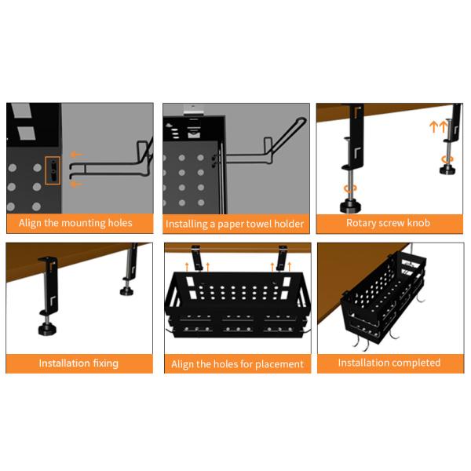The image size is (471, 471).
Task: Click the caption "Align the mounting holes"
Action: [75, 223]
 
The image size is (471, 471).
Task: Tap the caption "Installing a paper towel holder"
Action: [234, 224]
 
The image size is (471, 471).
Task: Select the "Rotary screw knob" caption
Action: [388, 223]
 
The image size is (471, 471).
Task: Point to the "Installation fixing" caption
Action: [78, 363]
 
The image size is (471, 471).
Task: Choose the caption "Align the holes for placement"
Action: [237, 364]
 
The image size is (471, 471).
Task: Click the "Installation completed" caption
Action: [389, 363]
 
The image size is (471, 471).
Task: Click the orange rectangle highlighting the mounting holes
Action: [52, 170]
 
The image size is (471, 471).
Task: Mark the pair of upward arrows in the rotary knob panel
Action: [437, 126]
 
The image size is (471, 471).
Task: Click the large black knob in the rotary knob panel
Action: [349, 206]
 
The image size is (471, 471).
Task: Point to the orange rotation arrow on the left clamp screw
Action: [350, 188]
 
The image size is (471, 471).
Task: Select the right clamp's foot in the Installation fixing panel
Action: [126, 291]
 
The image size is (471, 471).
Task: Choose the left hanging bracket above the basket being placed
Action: [197, 260]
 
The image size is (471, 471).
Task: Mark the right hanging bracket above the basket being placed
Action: [282, 258]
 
